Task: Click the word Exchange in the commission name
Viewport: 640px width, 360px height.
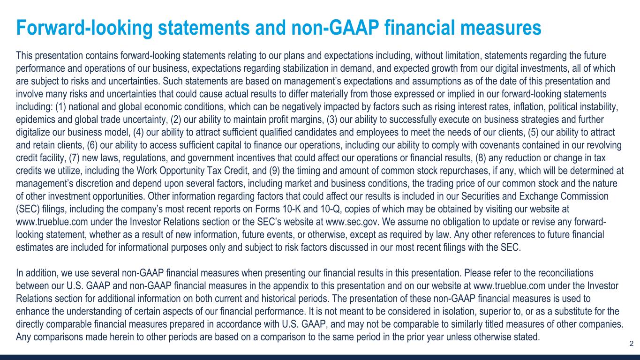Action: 536,195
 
